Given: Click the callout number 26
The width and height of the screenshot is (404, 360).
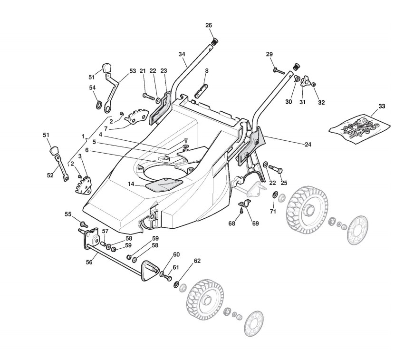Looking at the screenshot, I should click(x=208, y=25).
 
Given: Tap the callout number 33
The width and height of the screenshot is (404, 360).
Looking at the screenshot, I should click(x=382, y=105).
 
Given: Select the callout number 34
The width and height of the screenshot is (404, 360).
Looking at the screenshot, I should click(x=182, y=54).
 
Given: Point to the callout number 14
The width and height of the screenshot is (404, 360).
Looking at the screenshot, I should click(x=131, y=184).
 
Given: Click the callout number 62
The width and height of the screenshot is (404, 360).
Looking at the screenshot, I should click(x=197, y=261).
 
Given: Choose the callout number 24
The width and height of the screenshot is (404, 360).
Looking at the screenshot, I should click(x=308, y=144).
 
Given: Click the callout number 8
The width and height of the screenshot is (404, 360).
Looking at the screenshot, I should click(x=206, y=71).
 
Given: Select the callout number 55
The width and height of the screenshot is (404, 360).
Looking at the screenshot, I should click(x=68, y=214).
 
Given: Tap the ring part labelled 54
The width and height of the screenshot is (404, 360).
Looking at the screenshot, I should click(x=99, y=104).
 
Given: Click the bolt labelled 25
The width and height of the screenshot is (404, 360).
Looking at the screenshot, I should click(x=276, y=168).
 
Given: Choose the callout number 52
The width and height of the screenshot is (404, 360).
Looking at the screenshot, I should click(x=50, y=175).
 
